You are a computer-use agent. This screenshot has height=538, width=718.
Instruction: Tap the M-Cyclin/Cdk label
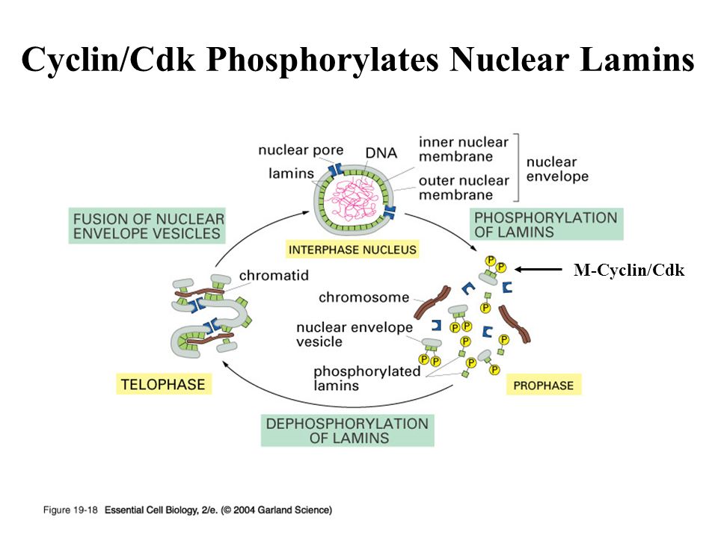(628, 270)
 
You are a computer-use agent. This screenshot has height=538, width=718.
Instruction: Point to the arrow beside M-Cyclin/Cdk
(538, 270)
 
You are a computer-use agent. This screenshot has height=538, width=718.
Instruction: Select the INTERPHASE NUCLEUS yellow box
(352, 249)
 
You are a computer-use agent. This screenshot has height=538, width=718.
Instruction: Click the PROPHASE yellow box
(544, 386)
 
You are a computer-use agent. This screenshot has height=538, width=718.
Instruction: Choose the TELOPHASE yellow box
(161, 384)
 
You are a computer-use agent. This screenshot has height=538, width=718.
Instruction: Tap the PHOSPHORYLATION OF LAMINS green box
(546, 224)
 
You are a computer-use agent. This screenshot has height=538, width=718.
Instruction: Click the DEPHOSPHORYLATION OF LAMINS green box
(349, 430)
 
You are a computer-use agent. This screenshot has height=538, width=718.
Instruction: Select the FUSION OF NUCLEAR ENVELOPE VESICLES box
(147, 226)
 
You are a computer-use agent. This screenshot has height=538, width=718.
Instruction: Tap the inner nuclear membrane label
(464, 149)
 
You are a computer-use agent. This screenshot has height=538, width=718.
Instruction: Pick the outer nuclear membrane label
(464, 188)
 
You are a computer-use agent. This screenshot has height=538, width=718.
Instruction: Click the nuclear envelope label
(557, 169)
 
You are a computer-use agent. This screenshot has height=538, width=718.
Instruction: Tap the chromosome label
(363, 297)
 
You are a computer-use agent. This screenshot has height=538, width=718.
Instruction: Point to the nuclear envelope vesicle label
(355, 335)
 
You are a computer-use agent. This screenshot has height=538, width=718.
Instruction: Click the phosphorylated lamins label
(367, 378)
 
